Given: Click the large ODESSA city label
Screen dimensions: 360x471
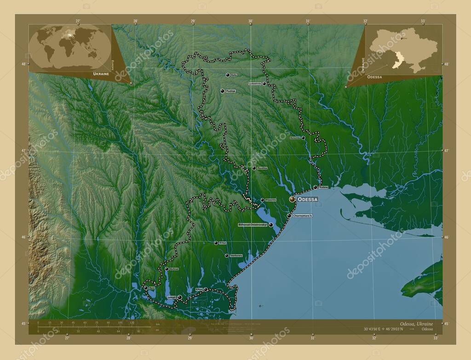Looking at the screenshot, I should pyautogui.click(x=308, y=199).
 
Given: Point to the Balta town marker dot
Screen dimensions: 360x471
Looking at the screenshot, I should pyautogui.click(x=227, y=75).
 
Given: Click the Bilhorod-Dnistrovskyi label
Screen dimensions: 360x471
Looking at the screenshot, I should pyautogui.click(x=253, y=225).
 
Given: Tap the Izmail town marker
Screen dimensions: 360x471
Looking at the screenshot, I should pyautogui.click(x=180, y=297).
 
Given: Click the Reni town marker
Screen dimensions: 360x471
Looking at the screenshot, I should pyautogui.click(x=146, y=288).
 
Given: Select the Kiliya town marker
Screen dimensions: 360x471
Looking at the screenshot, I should pyautogui.click(x=206, y=289).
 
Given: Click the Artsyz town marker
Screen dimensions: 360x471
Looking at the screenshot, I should pyautogui.click(x=216, y=243).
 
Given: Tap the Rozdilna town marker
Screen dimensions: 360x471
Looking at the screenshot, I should pyautogui.click(x=253, y=168).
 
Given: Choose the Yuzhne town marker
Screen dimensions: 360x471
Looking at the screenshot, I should pyautogui.click(x=315, y=187).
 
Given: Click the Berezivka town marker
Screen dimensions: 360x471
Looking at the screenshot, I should pyautogui.click(x=303, y=137).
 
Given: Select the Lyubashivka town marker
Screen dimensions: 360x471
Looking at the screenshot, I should pyautogui.click(x=264, y=84).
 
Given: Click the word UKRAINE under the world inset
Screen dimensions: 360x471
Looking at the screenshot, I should pyautogui.click(x=101, y=74).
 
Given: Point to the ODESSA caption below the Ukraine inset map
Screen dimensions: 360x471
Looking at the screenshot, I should pyautogui.click(x=375, y=78).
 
